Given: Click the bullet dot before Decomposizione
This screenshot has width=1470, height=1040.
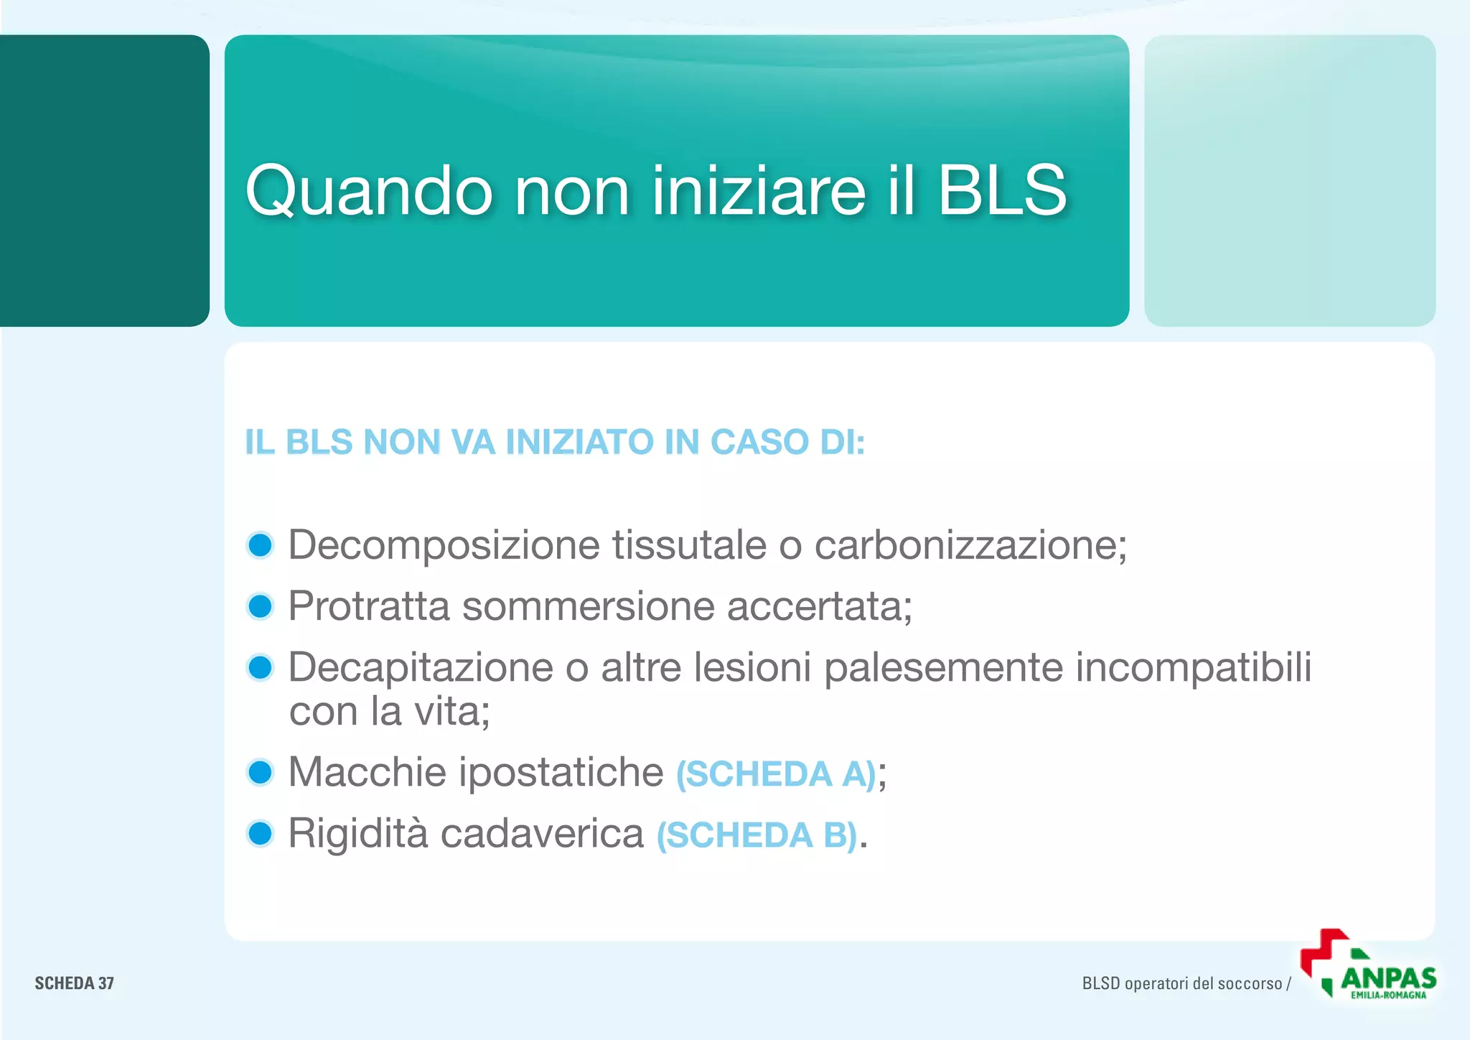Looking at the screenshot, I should [x=260, y=545].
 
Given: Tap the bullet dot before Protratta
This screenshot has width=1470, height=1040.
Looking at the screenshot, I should [x=260, y=606].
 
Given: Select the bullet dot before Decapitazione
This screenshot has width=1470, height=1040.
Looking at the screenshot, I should [x=260, y=667].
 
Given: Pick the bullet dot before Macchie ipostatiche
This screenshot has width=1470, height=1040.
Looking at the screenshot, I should [x=260, y=773].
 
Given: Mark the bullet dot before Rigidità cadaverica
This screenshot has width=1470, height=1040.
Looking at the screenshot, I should [x=260, y=834].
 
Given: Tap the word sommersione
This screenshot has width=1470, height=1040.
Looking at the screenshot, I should [x=588, y=606].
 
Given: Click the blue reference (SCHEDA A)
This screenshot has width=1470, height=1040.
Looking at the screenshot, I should [x=776, y=774].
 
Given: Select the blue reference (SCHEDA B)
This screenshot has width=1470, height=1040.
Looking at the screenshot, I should [x=757, y=835].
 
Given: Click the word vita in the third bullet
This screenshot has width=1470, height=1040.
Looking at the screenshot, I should [x=450, y=712].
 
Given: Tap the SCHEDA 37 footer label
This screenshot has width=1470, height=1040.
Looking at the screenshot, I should [x=75, y=983].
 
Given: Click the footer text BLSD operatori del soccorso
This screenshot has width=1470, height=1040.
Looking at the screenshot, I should [x=1181, y=983].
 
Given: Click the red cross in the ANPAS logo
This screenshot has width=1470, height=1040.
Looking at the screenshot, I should [x=1323, y=950].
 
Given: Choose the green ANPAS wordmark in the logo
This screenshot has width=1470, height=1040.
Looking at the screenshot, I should [x=1388, y=978].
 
